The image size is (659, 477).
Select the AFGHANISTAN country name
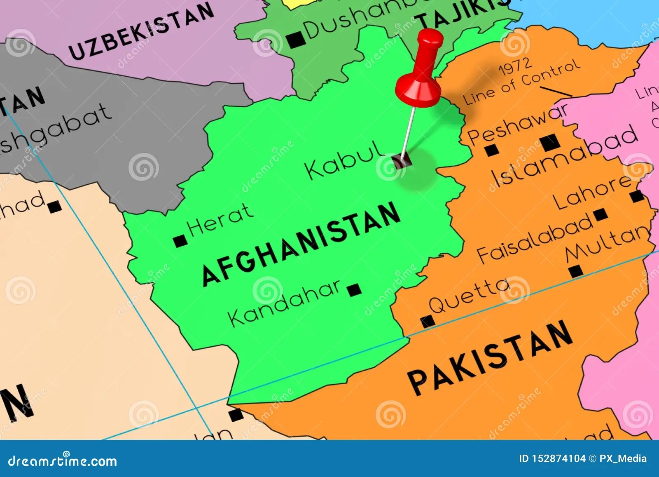(301, 244)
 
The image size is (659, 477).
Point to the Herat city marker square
(180, 241)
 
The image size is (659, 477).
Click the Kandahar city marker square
(354, 290)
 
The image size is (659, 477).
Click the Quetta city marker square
(427, 321)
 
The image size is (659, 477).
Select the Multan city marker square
(576, 271)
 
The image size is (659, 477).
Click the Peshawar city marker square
(491, 150)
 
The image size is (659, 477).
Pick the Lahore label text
(591, 192)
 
